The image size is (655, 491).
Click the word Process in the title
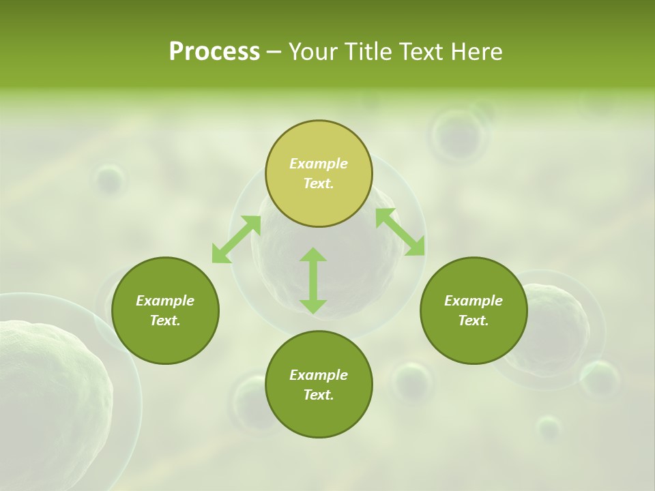[x=214, y=52]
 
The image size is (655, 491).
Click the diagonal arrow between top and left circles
[x=236, y=239]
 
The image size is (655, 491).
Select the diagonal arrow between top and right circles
[x=401, y=232]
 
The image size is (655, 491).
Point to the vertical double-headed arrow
[x=313, y=280]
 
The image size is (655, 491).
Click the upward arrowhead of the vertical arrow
[x=313, y=255]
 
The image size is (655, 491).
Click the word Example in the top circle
[x=319, y=164]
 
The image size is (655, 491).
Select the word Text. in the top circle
[x=319, y=183]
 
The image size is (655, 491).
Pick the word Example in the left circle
[x=165, y=301]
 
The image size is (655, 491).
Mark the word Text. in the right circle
[x=474, y=321]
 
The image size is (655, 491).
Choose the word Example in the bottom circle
[x=319, y=375]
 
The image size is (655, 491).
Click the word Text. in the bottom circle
[x=319, y=395]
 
